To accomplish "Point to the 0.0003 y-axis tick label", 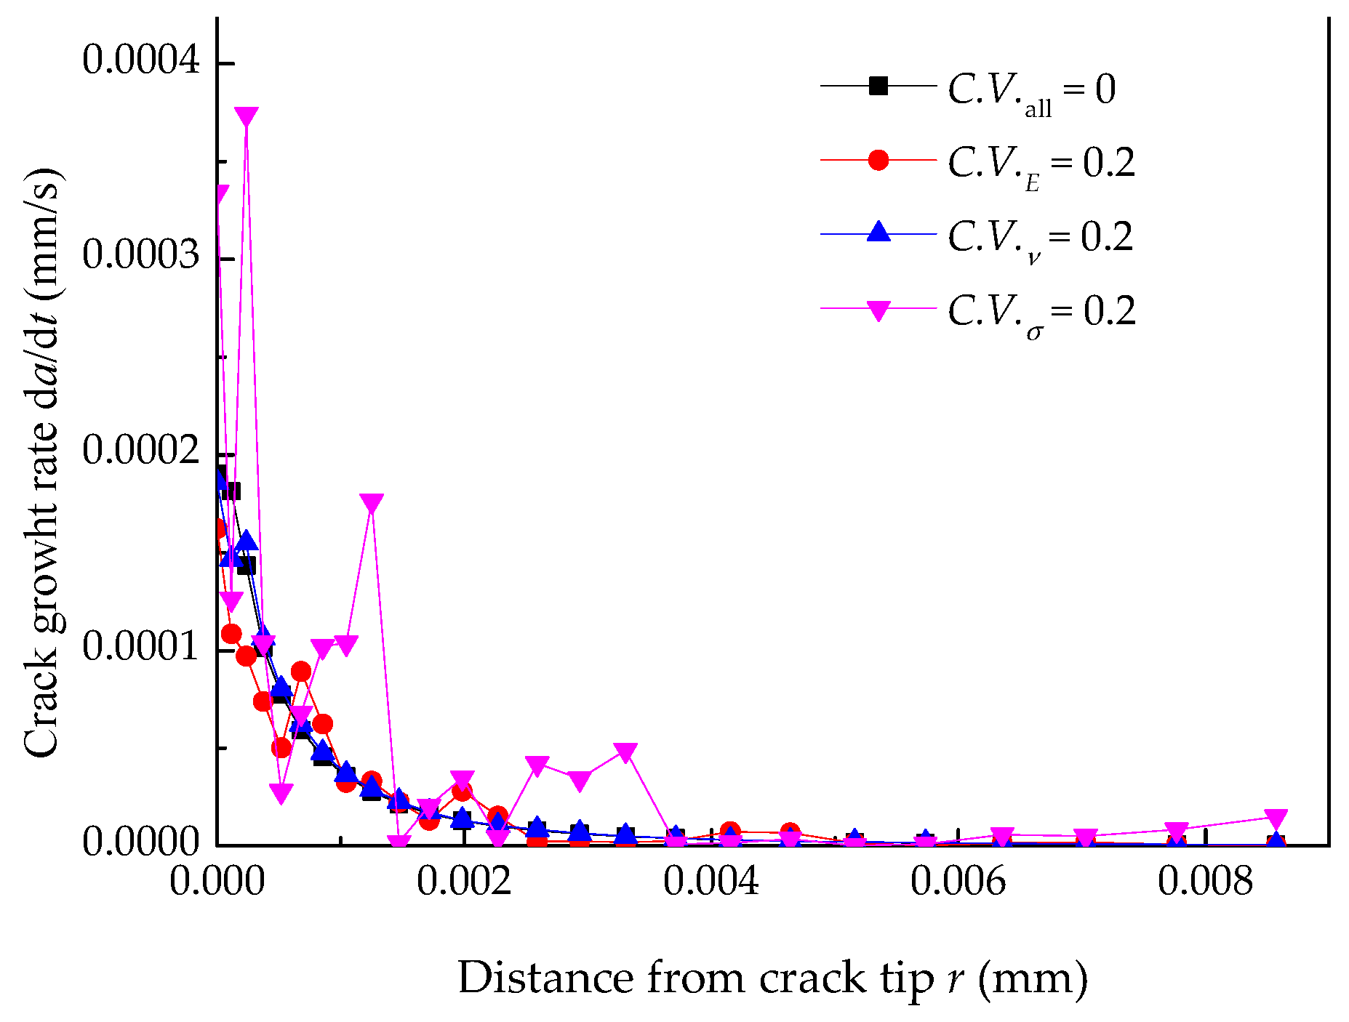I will coord(141,255).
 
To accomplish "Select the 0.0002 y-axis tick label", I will coord(141,450).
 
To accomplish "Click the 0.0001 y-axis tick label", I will coord(141,646).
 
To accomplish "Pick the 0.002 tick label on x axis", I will coord(464,882).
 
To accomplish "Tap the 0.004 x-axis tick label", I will coord(711,882).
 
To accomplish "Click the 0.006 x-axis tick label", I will coord(958,882).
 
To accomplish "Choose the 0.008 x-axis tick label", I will coord(1205,882).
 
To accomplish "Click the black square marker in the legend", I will coord(878,86).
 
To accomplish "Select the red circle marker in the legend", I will coord(878,160).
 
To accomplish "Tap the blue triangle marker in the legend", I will coord(878,233).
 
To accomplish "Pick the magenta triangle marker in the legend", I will coord(878,310).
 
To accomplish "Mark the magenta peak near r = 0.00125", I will coord(372,504).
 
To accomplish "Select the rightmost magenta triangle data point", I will coord(1276,818).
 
